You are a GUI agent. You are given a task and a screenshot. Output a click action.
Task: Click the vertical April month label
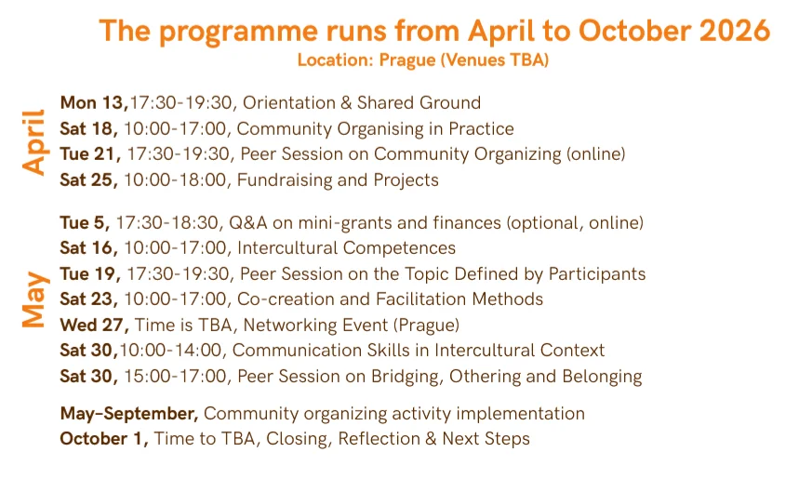click(34, 142)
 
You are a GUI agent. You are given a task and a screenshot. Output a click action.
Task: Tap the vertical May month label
click(34, 299)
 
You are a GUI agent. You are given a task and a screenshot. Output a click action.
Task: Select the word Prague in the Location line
click(407, 60)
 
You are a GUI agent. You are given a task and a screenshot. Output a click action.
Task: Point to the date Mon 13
click(93, 103)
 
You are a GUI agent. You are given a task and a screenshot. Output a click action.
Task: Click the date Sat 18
click(88, 128)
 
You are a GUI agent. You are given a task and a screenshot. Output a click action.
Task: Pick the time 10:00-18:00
click(175, 180)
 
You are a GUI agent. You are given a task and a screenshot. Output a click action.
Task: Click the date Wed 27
click(94, 326)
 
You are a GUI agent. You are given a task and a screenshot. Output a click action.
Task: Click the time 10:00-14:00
click(171, 350)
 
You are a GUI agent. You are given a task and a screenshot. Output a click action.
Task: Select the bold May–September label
click(129, 413)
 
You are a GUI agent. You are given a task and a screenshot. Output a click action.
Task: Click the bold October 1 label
click(104, 439)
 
